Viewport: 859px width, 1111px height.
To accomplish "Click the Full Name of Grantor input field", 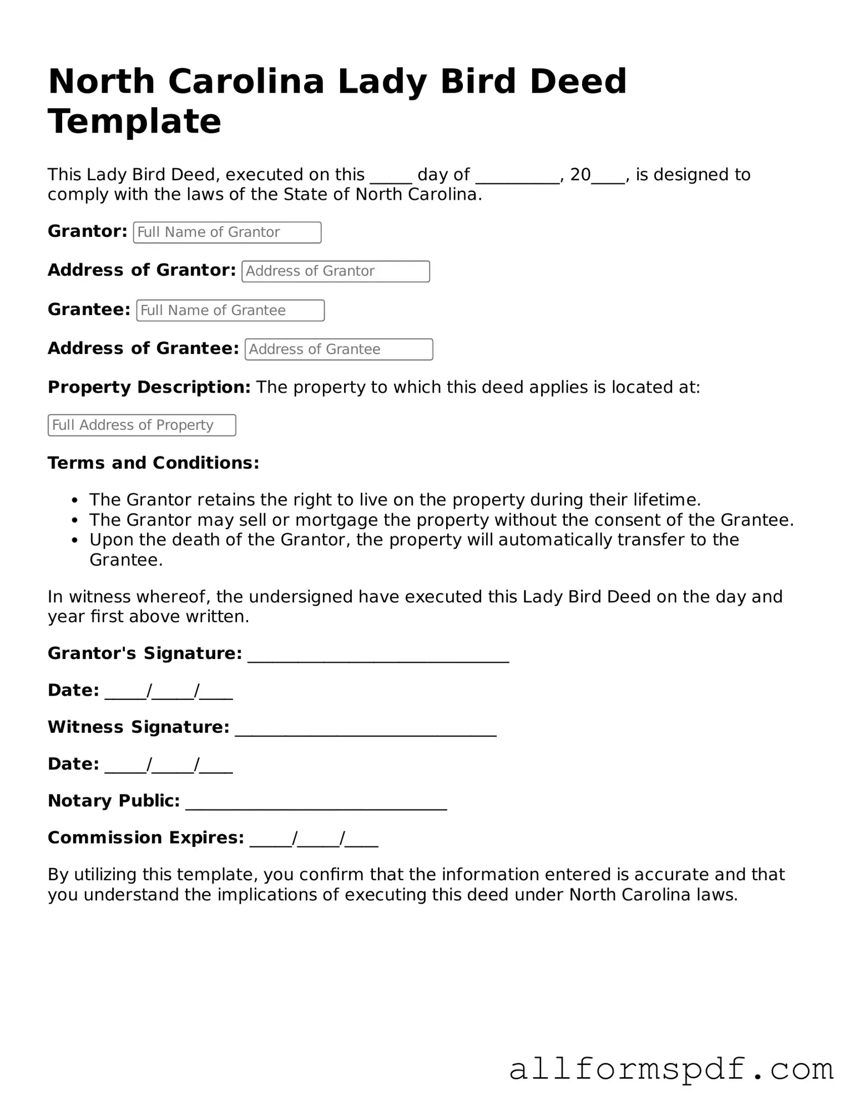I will [x=227, y=232].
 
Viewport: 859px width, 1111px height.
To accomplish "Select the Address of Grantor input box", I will [x=335, y=271].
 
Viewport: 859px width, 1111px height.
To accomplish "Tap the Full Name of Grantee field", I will [x=230, y=311].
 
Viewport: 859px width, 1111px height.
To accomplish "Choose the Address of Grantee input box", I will [x=338, y=349].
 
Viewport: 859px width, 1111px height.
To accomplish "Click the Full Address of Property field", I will [x=142, y=425].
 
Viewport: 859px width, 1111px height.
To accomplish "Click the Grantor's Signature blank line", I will [x=378, y=656].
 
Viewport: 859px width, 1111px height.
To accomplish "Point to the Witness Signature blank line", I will [x=365, y=729].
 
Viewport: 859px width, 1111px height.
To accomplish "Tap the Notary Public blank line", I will [x=316, y=803].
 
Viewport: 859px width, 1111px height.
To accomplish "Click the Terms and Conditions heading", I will [x=153, y=463].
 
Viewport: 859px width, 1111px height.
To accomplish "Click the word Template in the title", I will [x=134, y=121].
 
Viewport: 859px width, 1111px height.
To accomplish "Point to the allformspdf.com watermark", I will [x=671, y=1068].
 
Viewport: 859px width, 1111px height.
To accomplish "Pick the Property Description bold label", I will [x=149, y=387].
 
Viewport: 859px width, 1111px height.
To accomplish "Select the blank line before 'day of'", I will [x=391, y=177].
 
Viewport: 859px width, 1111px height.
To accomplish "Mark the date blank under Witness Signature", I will [x=168, y=766].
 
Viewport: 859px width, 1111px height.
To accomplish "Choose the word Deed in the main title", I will [x=578, y=81].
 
